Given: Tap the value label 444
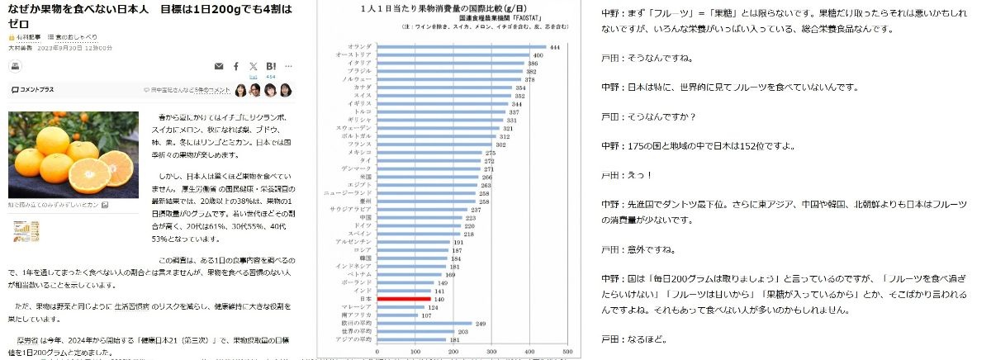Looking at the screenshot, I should [555, 47].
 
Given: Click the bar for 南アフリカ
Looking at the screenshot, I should [398, 315].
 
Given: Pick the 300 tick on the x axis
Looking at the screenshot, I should [491, 352].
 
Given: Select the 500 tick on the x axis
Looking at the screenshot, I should [567, 352].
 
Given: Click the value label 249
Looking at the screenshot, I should [481, 324].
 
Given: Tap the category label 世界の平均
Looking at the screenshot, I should [358, 331].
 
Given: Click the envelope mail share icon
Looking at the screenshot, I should [219, 65].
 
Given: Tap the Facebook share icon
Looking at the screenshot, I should [236, 65].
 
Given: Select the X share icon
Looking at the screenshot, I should [253, 65].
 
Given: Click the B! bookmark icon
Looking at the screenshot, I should [271, 65].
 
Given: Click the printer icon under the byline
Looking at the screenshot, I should [15, 67].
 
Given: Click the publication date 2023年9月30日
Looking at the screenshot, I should [58, 49].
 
